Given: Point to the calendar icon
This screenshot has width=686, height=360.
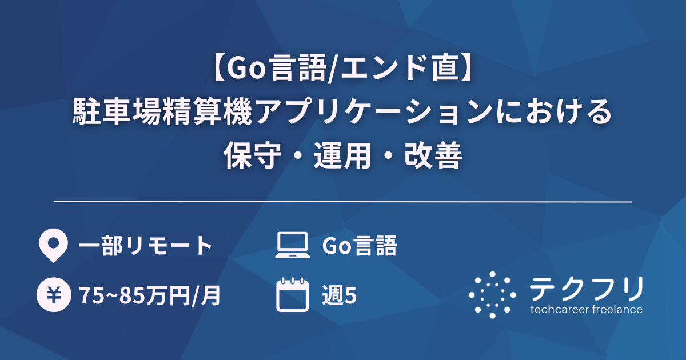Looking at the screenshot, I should point(292,295).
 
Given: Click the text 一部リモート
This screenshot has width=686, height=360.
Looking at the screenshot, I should point(145,246).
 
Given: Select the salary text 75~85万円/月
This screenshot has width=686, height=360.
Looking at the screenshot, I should point(150,295).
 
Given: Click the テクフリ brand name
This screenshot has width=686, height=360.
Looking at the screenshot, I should point(586,289).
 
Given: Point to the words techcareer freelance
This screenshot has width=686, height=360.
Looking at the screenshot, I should point(586,310).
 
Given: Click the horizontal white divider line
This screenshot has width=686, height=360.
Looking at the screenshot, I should point(343,202).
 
